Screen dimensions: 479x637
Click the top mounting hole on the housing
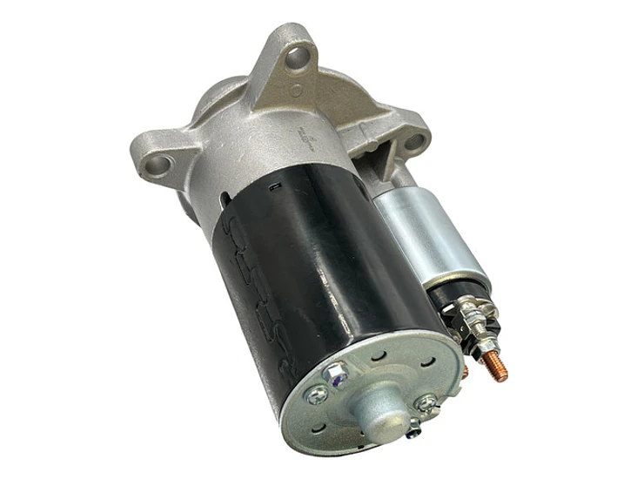click(x=299, y=58)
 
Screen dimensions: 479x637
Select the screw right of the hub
click(x=426, y=401)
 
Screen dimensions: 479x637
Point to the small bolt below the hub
click(x=413, y=427)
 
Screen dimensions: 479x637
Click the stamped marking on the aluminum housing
click(x=306, y=140)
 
